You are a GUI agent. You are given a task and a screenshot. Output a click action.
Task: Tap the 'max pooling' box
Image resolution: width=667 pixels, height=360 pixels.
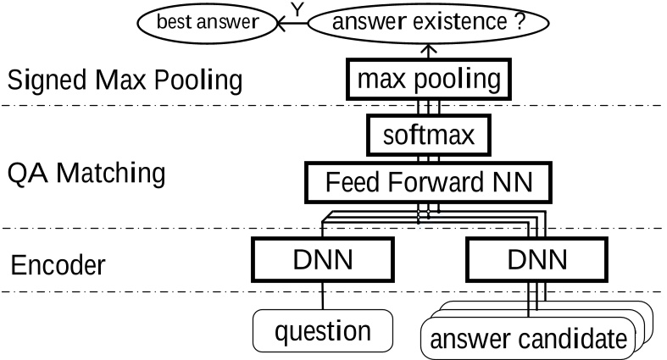pos(429,81)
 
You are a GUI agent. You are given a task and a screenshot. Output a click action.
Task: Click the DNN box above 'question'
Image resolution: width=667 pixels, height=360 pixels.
pos(323,260)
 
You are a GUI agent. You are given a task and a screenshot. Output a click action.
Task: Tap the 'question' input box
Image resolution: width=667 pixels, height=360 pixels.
pos(323,330)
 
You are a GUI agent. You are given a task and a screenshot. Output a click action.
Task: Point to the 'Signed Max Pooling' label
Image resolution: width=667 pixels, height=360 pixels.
pos(125,82)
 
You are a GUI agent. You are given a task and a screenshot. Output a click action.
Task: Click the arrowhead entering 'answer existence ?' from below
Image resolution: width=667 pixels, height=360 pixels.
pos(429,49)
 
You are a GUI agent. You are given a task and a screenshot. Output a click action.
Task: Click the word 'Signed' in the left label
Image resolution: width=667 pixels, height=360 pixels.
pos(43,82)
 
